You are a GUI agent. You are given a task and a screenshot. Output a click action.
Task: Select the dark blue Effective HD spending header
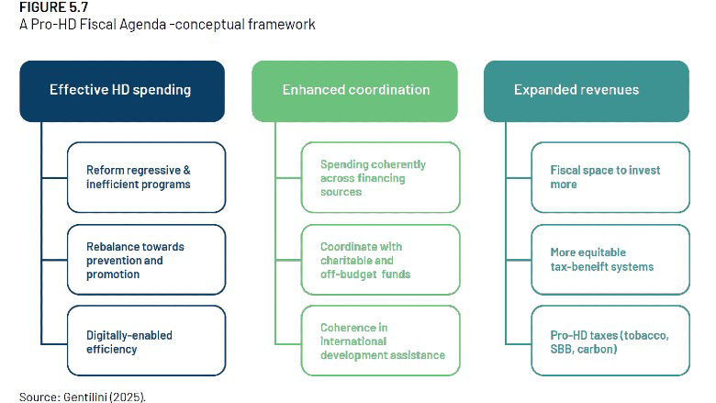tap(122, 91)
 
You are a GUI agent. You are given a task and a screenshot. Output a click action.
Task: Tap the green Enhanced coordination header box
tap(354, 91)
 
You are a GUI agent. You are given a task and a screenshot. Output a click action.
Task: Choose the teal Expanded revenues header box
tap(587, 91)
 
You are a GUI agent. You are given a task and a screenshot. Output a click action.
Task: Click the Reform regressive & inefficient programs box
tap(146, 177)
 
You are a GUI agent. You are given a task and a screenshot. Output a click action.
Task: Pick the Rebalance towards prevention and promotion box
tap(146, 260)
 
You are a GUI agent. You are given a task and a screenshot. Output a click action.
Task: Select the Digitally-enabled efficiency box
tap(146, 341)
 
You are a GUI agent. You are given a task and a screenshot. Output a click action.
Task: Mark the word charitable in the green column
tap(347, 260)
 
